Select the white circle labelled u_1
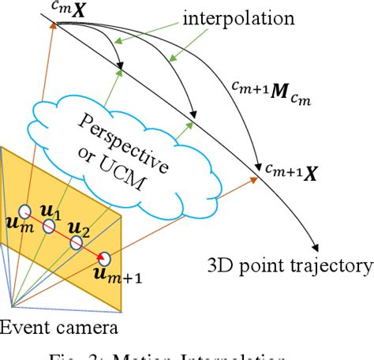(x=49, y=227)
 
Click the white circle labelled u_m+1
(x=105, y=258)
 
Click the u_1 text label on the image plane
(x=50, y=212)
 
